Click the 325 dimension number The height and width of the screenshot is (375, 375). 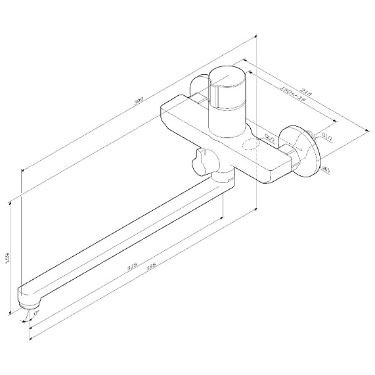point(131,265)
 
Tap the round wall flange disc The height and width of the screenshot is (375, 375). point(309,152)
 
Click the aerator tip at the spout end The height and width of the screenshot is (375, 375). point(29,304)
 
